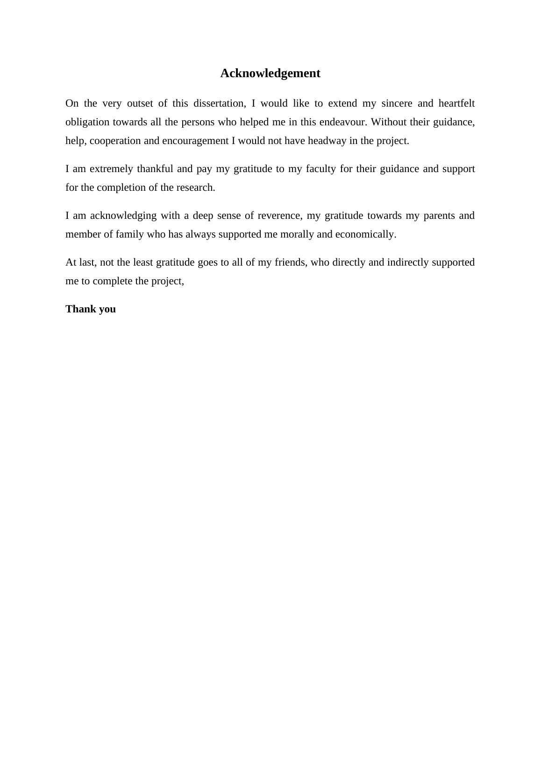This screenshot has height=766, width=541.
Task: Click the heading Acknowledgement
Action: pyautogui.click(x=270, y=73)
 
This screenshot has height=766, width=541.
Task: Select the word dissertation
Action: pyautogui.click(x=219, y=103)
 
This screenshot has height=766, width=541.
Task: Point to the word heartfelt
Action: pyautogui.click(x=456, y=103)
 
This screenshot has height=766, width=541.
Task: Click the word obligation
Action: pyautogui.click(x=87, y=122)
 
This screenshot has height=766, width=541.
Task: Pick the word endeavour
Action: pyautogui.click(x=343, y=122)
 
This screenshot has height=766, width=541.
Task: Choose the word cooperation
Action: pyautogui.click(x=115, y=141)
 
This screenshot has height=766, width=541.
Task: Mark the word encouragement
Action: pyautogui.click(x=195, y=141)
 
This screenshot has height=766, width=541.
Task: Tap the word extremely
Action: pyautogui.click(x=111, y=169)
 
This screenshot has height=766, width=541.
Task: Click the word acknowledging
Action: pyautogui.click(x=123, y=216)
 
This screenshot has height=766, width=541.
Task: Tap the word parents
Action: pyautogui.click(x=439, y=216)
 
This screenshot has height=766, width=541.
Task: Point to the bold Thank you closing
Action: pyautogui.click(x=91, y=309)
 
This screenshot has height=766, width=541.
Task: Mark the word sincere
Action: pyautogui.click(x=397, y=103)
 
